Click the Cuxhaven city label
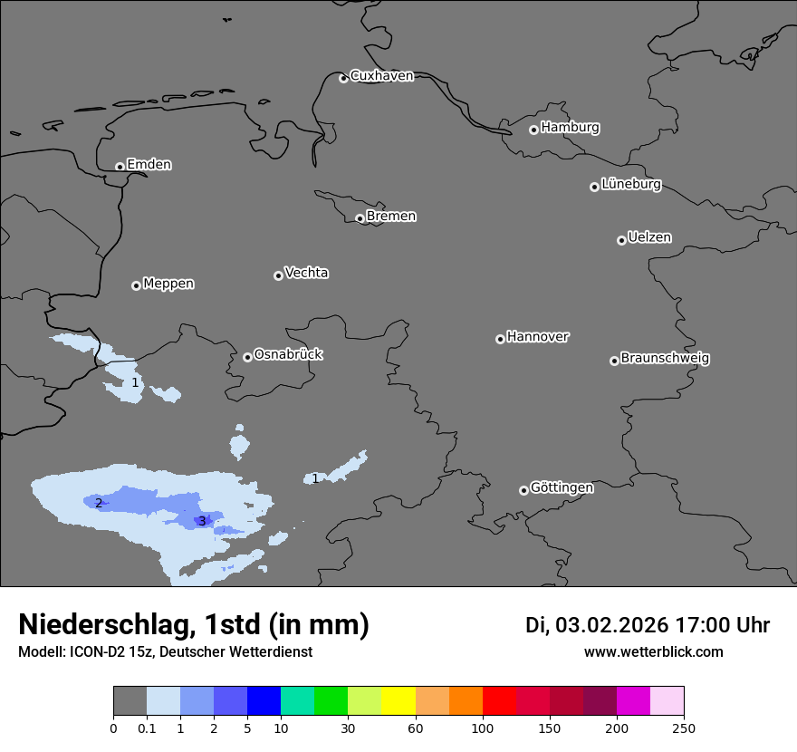click(x=381, y=76)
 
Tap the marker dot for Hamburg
click(x=533, y=130)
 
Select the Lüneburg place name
click(x=630, y=184)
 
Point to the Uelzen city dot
click(x=621, y=240)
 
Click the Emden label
click(x=149, y=165)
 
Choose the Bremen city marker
click(x=360, y=218)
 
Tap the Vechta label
click(x=306, y=273)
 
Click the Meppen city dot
click(x=136, y=285)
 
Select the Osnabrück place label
click(x=288, y=354)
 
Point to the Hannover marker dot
click(x=500, y=339)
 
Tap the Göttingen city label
click(x=562, y=487)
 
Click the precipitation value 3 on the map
click(x=202, y=521)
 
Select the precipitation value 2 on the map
click(x=99, y=503)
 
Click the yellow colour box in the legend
click(x=398, y=701)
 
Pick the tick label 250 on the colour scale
click(x=684, y=728)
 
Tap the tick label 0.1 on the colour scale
click(x=147, y=728)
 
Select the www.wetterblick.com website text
click(x=653, y=651)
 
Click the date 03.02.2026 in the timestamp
click(x=611, y=625)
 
